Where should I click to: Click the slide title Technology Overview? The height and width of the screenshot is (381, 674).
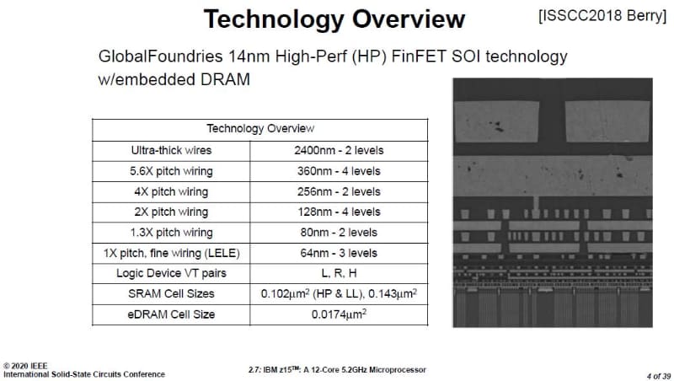coord(334,19)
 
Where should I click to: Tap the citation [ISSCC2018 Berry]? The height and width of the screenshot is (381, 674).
coord(599,16)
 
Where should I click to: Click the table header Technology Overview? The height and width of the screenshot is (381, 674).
coord(259,129)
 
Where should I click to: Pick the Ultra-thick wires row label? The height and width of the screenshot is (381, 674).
coord(171,150)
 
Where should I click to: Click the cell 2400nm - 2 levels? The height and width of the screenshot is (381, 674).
coord(340,150)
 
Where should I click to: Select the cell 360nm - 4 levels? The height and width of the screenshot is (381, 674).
coord(340,171)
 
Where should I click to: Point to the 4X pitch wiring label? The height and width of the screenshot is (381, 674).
coord(171,191)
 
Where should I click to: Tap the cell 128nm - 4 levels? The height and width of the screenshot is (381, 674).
coord(340,212)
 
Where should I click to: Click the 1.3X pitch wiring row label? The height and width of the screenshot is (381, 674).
coord(171,232)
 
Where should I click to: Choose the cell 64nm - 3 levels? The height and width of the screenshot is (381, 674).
coord(340,253)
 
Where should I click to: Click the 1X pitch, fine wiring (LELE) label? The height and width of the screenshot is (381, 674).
coord(171,253)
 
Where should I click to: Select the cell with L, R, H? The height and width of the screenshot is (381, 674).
coord(340,273)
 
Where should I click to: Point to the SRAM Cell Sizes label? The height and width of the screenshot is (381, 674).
coord(171,293)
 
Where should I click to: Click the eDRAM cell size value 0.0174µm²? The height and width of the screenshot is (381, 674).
coord(340,314)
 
